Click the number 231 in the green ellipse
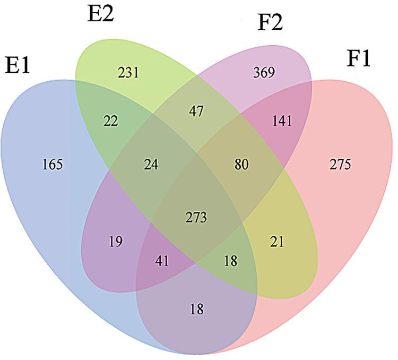point(129,72)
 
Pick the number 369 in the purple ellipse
point(264,72)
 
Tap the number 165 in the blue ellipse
point(53,164)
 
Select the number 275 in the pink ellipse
point(340,164)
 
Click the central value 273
point(196,217)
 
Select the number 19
point(116,242)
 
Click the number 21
point(276,242)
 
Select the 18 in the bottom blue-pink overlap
point(196,308)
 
